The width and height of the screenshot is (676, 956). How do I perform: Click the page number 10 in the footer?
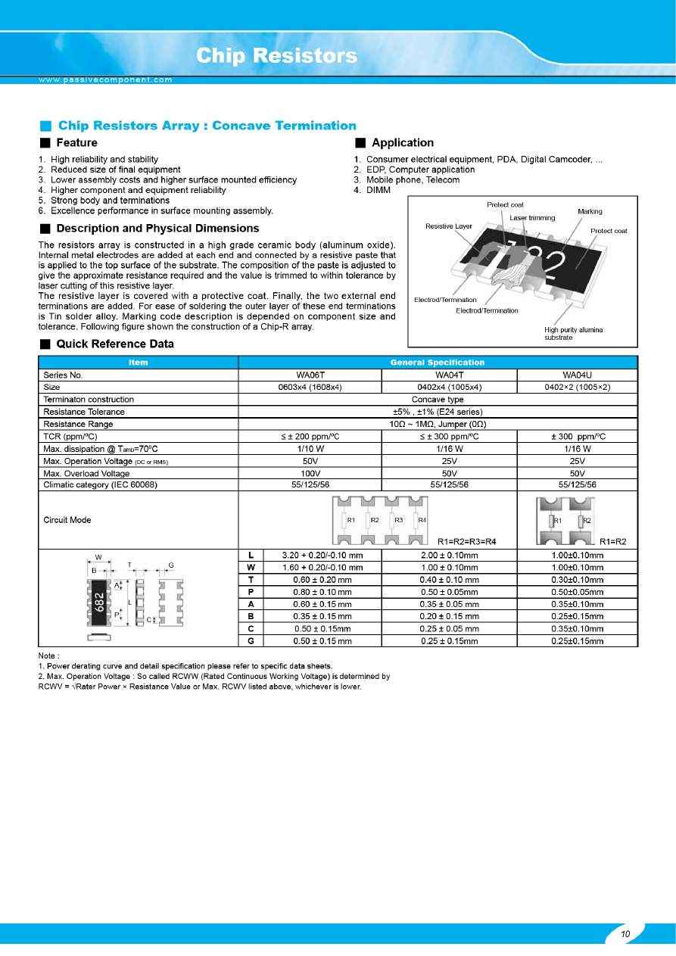pos(625,934)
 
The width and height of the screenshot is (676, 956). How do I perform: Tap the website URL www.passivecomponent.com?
pos(106,79)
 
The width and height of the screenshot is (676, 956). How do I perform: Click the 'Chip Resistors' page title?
pos(276,56)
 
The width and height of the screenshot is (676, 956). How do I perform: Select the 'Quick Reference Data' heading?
pos(115,344)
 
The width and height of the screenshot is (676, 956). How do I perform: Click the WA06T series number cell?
pos(310,375)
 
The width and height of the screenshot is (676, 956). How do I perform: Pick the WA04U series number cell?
pos(577,375)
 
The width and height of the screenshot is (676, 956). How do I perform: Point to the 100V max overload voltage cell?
pos(310,473)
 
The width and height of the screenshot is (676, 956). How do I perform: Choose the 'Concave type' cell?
pos(438,399)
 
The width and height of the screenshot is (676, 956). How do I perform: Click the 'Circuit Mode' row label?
pos(67,520)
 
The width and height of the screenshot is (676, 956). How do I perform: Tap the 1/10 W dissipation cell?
pos(310,449)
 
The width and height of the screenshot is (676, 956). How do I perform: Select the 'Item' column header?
pos(138,363)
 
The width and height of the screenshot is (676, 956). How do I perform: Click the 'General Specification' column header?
pos(438,363)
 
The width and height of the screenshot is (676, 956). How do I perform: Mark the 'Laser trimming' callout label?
pos(532,218)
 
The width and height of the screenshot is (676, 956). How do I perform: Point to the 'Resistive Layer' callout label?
pos(449,226)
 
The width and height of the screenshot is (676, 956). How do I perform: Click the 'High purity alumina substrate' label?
pos(574,333)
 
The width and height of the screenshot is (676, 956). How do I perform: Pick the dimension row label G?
pos(251,641)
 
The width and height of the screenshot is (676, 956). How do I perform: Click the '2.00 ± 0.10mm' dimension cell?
pos(449,555)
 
